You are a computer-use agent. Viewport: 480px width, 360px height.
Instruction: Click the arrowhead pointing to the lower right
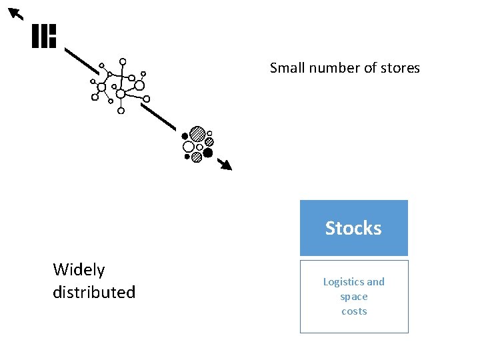click(x=227, y=165)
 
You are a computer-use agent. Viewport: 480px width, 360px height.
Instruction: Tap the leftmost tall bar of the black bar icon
click(x=35, y=36)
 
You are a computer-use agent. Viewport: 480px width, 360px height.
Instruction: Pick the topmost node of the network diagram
click(x=123, y=62)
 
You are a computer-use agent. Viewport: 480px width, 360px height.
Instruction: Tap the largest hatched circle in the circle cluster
click(x=197, y=134)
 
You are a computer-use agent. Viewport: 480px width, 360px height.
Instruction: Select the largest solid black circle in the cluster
click(x=208, y=153)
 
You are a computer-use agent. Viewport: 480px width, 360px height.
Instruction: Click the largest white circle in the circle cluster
click(x=189, y=147)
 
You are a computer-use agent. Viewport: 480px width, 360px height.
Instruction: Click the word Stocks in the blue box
click(x=353, y=228)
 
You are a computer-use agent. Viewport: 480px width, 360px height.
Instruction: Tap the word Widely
click(x=79, y=270)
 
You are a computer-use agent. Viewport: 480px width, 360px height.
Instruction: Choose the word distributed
click(x=94, y=292)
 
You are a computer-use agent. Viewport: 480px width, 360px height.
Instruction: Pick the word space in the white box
click(x=354, y=297)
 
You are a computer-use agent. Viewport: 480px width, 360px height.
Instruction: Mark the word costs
click(x=354, y=311)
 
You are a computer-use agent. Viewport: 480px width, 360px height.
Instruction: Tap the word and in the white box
click(x=376, y=282)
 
